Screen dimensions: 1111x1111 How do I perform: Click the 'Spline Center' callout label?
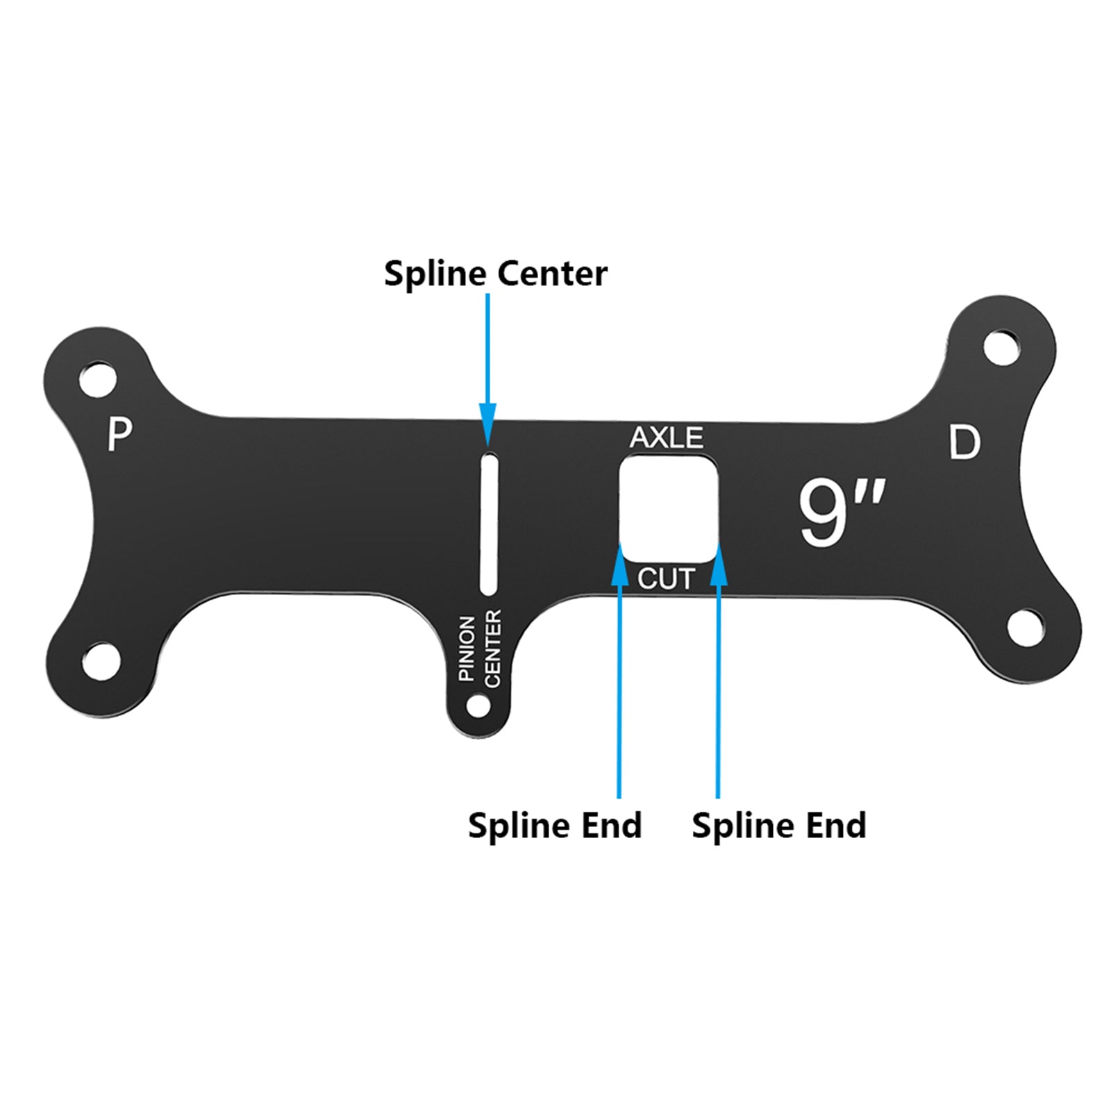pos(495,273)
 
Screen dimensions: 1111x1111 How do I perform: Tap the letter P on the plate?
pos(119,434)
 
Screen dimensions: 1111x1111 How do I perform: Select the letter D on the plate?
pos(964,442)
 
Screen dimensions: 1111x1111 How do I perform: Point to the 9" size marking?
pos(841,512)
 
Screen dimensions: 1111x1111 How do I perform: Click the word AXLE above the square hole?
pos(666,437)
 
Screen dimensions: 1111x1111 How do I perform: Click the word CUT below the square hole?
pos(666,578)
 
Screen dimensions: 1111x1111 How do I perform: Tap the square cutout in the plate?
pos(667,509)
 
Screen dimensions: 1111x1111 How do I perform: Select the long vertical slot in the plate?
pos(489,524)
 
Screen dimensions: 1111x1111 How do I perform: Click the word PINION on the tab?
pos(467,647)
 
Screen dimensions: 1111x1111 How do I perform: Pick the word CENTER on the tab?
pos(492,649)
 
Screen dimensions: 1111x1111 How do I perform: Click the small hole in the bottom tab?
pos(478,706)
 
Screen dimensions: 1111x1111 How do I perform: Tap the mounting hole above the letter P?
pos(99,379)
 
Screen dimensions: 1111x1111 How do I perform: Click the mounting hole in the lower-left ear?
pos(101,661)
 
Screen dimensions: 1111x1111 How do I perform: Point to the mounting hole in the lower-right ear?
pos(1026,628)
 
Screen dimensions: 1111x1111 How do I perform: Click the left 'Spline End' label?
pos(554,825)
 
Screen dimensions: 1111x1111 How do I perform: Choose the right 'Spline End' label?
pos(778,825)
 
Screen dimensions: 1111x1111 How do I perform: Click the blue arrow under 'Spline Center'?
pos(487,368)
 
